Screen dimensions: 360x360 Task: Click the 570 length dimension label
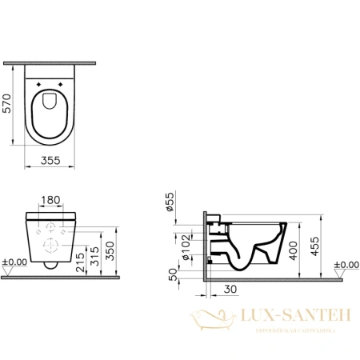(x=10, y=102)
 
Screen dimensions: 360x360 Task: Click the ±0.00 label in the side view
(x=346, y=263)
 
